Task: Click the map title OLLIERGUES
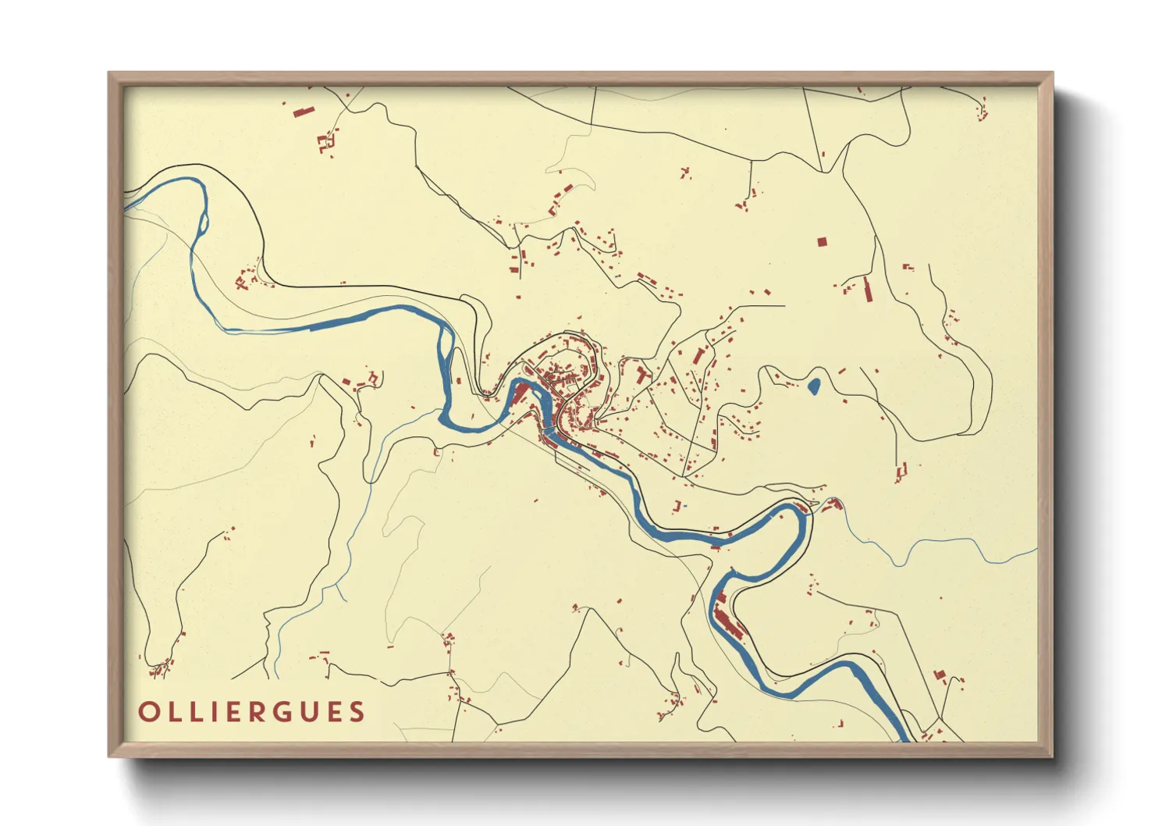(251, 712)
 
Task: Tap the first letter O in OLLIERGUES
(147, 712)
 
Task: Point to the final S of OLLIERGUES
(357, 712)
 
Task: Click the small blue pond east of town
(813, 386)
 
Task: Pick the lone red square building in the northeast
(821, 242)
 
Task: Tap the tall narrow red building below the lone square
(867, 288)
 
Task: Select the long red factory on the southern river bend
(729, 621)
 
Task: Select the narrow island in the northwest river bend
(204, 222)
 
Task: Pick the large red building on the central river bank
(519, 393)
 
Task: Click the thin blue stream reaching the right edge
(1015, 557)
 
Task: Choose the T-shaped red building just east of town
(641, 375)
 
